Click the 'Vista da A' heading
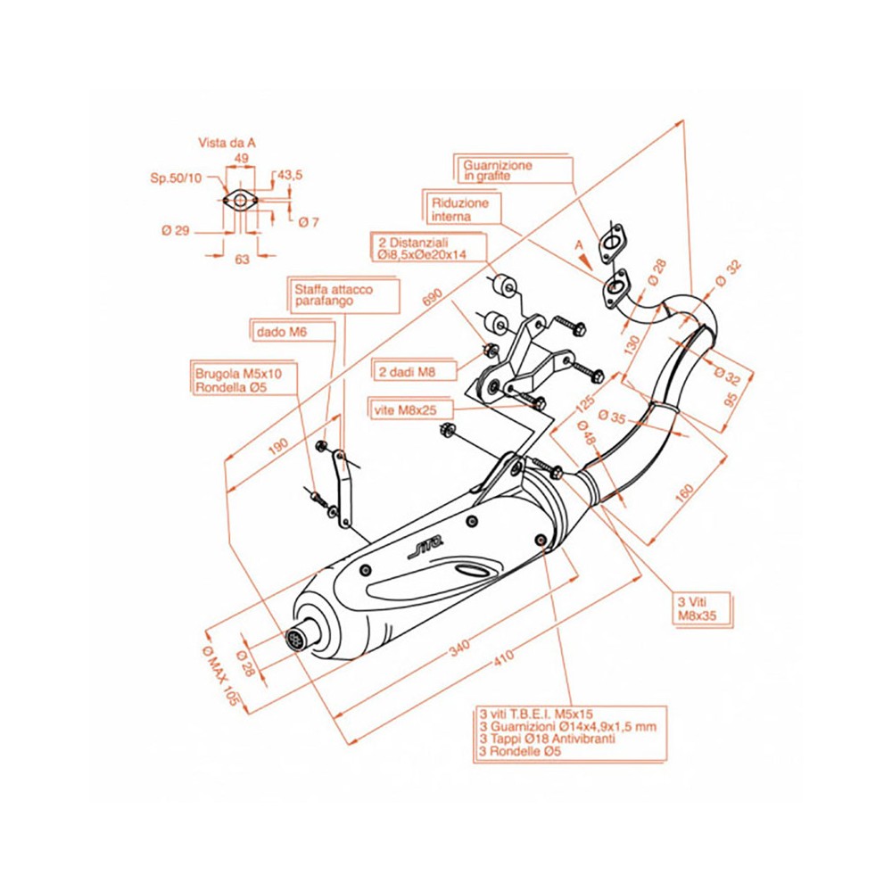227,143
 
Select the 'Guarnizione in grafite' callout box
497,170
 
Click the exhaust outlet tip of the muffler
295,639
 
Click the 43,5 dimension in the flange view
290,176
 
